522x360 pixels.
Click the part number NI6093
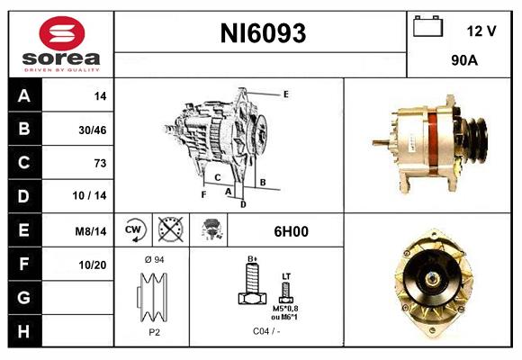click(263, 34)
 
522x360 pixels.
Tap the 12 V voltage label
click(481, 31)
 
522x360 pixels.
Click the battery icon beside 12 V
click(427, 28)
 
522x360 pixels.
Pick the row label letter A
click(23, 95)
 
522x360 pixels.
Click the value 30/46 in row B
click(93, 130)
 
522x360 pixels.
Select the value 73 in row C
click(100, 163)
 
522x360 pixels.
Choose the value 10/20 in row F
click(93, 265)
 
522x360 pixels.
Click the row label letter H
click(23, 332)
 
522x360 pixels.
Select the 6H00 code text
click(291, 231)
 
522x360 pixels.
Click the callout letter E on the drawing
click(285, 94)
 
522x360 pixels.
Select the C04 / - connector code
click(265, 330)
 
